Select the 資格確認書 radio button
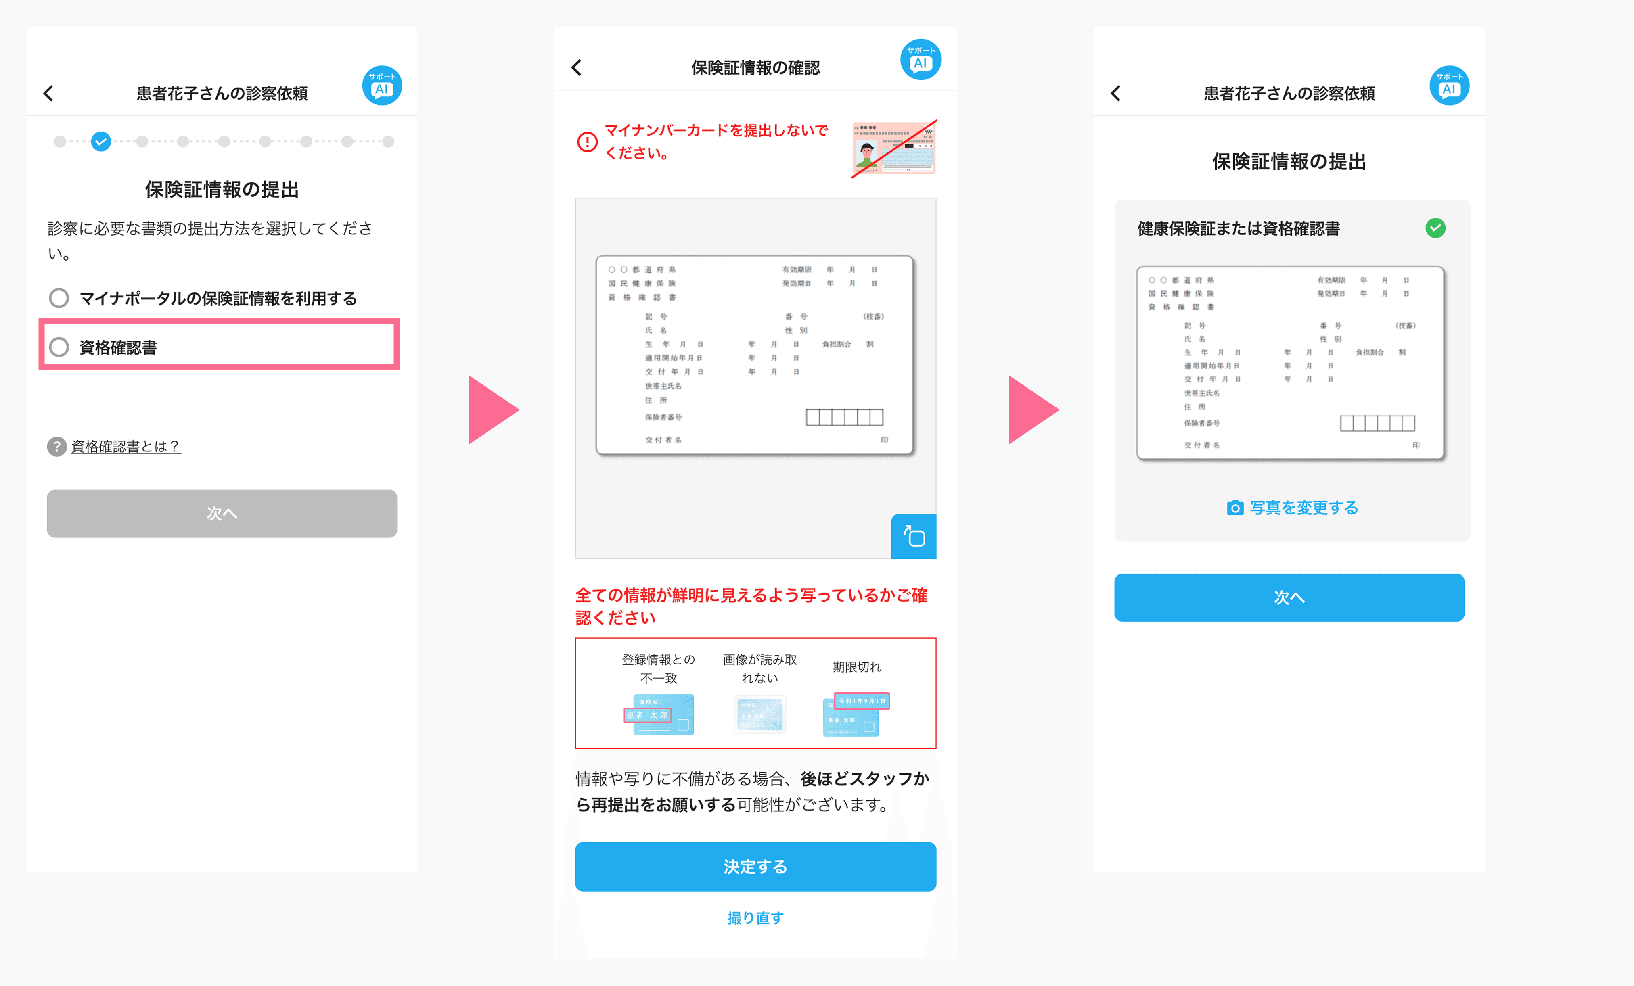[x=59, y=347]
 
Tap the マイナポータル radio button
[x=59, y=298]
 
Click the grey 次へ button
[x=222, y=513]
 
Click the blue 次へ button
[x=1289, y=597]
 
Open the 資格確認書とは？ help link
[x=126, y=446]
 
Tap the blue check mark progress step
[x=101, y=141]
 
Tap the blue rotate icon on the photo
[x=913, y=536]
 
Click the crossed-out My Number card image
[x=893, y=148]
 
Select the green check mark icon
[x=1435, y=228]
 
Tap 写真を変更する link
[x=1292, y=508]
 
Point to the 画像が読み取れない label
[x=759, y=668]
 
